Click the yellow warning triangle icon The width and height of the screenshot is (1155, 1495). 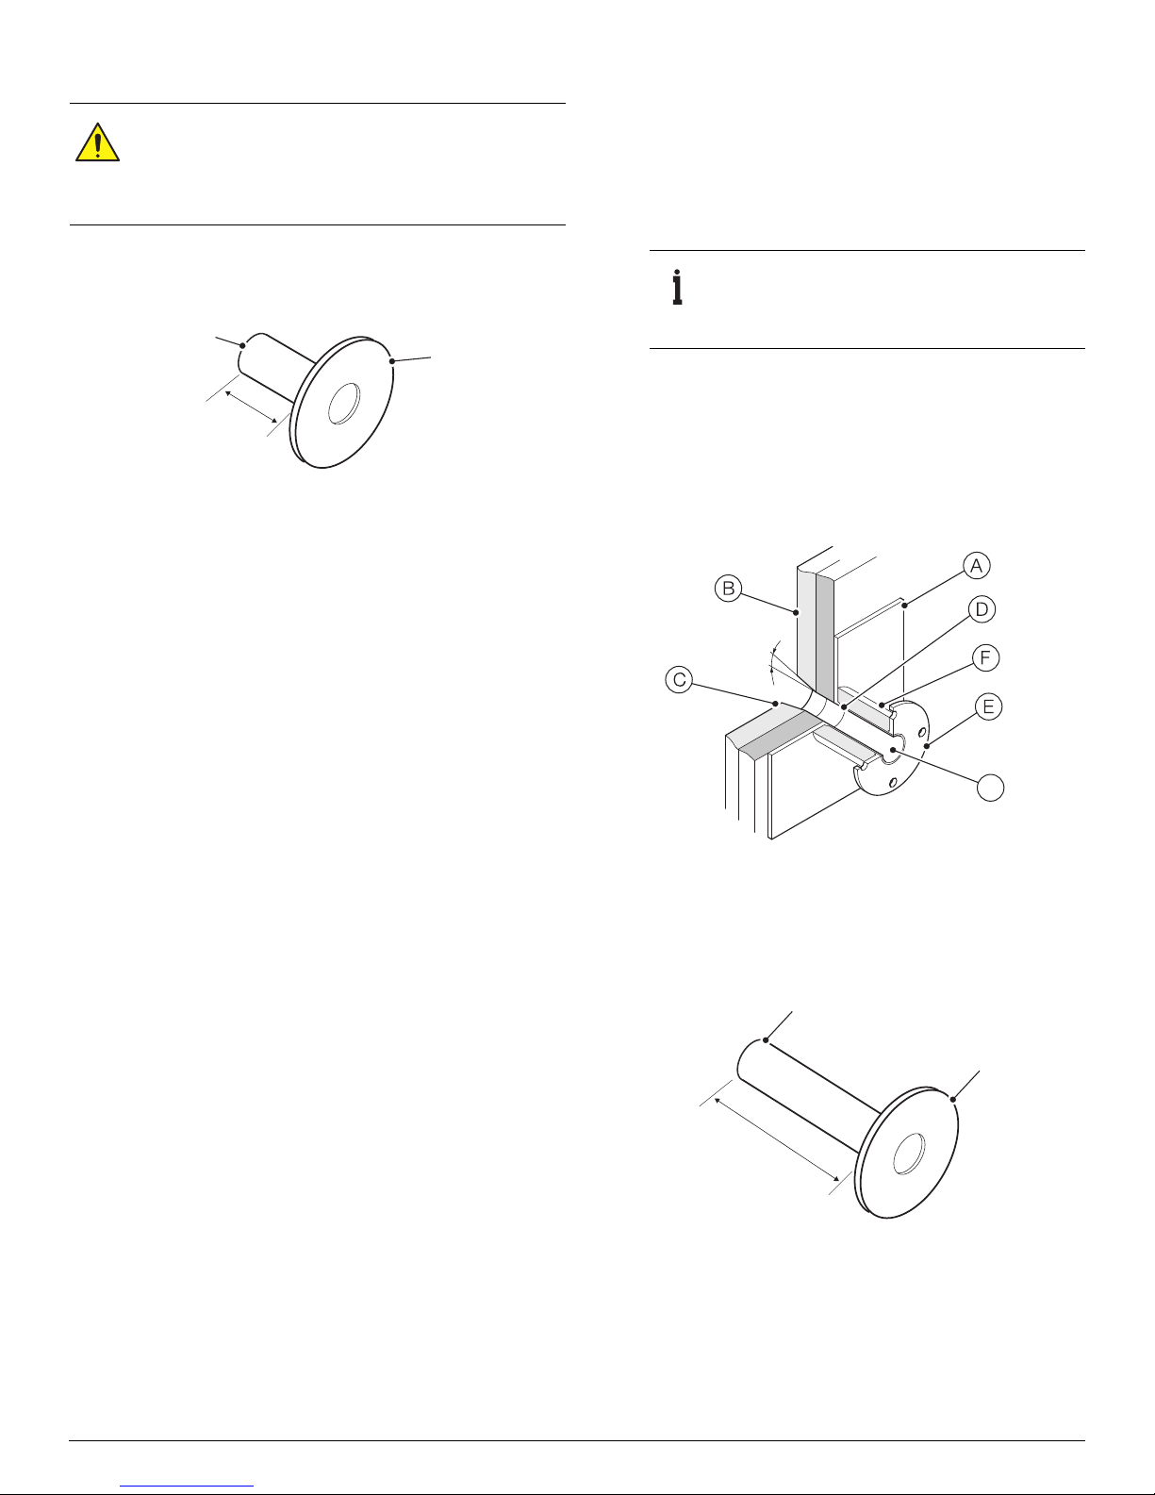click(98, 142)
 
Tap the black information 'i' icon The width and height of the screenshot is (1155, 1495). click(677, 287)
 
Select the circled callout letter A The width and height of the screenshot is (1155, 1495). click(976, 566)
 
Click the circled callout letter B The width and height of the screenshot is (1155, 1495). click(728, 589)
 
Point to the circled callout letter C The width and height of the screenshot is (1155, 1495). click(679, 680)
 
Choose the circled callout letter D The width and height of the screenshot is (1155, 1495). click(982, 609)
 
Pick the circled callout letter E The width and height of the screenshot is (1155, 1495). click(989, 706)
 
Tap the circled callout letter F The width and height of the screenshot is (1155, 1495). click(986, 657)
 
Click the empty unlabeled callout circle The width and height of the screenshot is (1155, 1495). click(991, 788)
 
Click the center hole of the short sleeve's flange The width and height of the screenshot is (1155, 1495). click(344, 404)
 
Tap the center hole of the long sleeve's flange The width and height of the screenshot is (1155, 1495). click(909, 1154)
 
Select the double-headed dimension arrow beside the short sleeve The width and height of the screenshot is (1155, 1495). click(251, 406)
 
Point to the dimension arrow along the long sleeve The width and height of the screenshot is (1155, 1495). click(778, 1139)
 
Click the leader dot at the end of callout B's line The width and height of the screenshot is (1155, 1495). click(796, 612)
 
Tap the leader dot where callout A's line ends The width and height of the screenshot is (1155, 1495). click(905, 606)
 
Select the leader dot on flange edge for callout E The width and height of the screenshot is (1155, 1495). click(928, 746)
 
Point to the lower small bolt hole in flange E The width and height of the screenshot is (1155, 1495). click(892, 782)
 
